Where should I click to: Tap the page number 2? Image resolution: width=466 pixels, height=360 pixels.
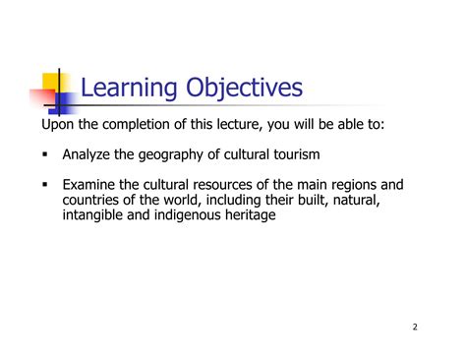[414, 328]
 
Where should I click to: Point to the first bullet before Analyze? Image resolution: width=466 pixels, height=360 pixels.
[45, 155]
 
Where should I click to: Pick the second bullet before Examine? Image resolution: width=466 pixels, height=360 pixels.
[45, 184]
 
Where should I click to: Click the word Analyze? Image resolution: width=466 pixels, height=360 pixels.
[87, 154]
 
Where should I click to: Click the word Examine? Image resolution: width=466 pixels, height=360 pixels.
[88, 184]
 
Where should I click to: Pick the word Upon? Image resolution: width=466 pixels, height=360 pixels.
[58, 125]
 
